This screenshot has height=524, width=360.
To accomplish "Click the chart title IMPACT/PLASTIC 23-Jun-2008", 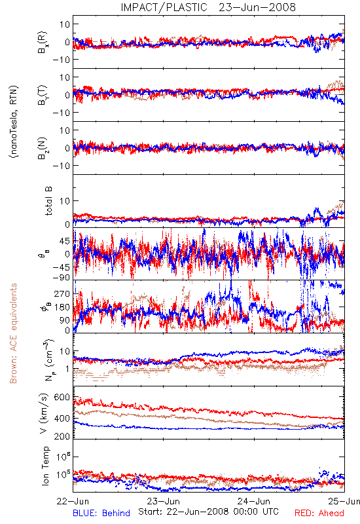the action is click(x=208, y=7).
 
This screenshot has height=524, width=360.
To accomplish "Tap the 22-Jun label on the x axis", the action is click(x=73, y=501).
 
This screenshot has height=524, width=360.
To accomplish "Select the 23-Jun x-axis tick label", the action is click(x=164, y=501).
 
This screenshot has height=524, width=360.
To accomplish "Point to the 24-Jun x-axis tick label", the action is click(x=254, y=501).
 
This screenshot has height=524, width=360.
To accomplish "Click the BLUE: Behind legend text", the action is click(x=101, y=513).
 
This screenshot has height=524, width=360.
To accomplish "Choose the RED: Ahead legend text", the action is click(x=319, y=513).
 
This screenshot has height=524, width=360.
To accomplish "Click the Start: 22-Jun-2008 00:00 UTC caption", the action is click(x=208, y=512).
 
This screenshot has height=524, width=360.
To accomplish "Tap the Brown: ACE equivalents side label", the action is click(x=13, y=333).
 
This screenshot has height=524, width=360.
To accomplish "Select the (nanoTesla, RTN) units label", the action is click(x=14, y=122).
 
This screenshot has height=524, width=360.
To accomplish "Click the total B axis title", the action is click(x=48, y=200).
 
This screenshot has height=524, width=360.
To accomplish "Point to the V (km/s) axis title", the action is click(x=44, y=413).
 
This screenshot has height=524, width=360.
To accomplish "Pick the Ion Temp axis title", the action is click(x=45, y=466).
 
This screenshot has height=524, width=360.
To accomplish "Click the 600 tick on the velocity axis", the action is click(x=62, y=397).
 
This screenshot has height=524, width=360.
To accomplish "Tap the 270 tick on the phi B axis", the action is click(x=62, y=293).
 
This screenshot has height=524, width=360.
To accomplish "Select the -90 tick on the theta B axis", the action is click(x=61, y=278).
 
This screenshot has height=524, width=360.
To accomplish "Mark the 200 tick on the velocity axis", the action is click(x=62, y=436).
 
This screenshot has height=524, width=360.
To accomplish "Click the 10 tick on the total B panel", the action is click(x=65, y=201).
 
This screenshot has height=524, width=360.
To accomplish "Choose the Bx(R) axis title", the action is click(x=43, y=43).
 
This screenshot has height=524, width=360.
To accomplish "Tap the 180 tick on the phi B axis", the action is click(x=62, y=307).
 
